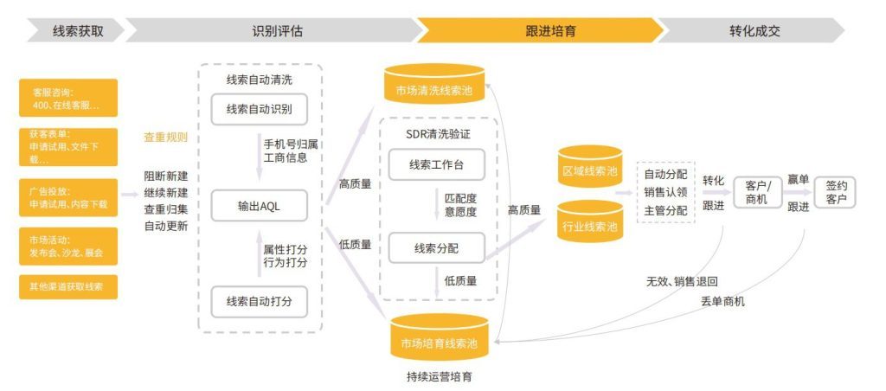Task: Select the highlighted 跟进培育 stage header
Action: tap(550, 31)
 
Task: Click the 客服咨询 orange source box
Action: tap(67, 98)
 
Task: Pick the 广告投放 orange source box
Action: tap(67, 197)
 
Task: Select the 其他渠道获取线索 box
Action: tap(67, 286)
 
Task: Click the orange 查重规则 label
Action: tap(165, 138)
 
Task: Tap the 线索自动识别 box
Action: tap(259, 110)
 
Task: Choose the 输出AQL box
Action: tap(259, 208)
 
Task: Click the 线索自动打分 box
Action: tap(259, 301)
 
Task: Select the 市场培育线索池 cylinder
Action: tap(439, 342)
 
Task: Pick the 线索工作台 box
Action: tap(436, 164)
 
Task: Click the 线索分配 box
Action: tap(436, 248)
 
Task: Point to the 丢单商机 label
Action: tap(722, 301)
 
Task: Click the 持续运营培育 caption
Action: tap(439, 377)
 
